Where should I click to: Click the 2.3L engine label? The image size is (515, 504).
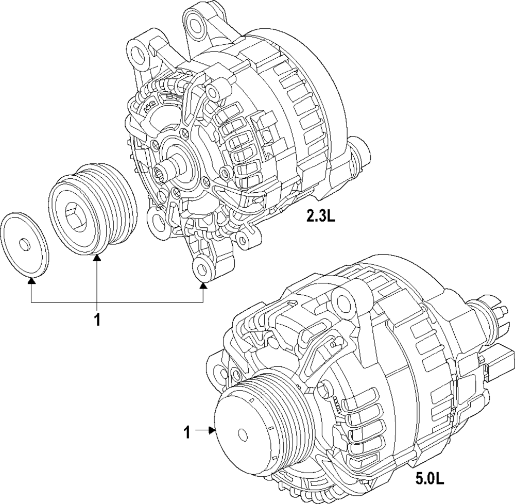(x=320, y=216)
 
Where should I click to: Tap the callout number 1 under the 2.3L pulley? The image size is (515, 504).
(x=97, y=320)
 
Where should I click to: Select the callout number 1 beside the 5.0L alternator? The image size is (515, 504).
(x=187, y=432)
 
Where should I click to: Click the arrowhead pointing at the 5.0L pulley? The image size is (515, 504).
(x=211, y=430)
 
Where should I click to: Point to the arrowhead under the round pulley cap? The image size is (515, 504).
(x=31, y=281)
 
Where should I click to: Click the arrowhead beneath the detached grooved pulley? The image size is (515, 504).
(x=97, y=259)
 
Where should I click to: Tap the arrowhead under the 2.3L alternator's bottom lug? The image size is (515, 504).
(x=203, y=287)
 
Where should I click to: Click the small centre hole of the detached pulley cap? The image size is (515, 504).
(x=24, y=244)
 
